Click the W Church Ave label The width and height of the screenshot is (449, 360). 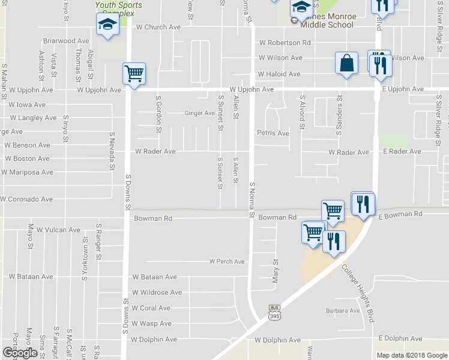(158, 27)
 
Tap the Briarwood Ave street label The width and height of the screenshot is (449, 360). (66, 41)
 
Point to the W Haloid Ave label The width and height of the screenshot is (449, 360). (279, 74)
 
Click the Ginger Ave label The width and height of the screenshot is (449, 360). (199, 113)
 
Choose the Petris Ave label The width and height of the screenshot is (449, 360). (269, 133)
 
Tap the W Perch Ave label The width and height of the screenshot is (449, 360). (227, 262)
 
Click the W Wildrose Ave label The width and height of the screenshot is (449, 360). (157, 292)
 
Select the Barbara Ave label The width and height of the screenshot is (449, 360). (343, 311)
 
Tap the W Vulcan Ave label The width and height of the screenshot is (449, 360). (58, 230)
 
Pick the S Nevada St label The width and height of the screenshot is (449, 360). (112, 151)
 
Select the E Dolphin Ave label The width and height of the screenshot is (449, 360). (400, 338)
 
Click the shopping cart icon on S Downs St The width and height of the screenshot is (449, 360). (134, 74)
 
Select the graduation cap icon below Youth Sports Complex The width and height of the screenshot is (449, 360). (107, 25)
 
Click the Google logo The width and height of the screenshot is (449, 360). (20, 353)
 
